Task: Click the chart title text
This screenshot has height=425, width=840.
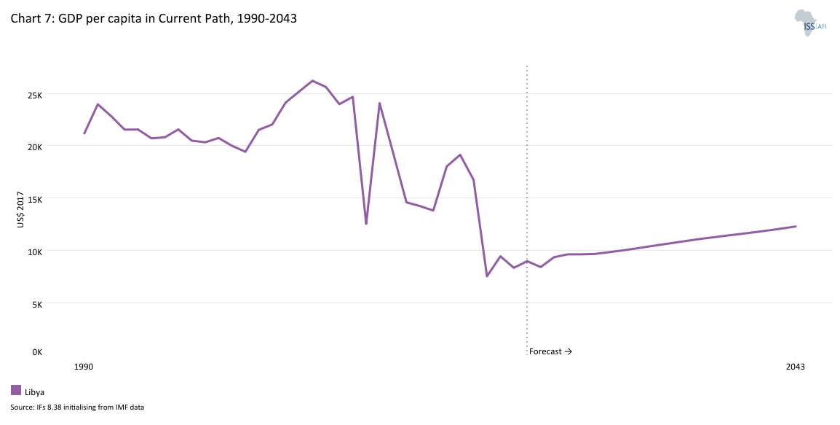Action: [x=154, y=19]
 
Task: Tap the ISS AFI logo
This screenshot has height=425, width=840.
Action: [x=809, y=23]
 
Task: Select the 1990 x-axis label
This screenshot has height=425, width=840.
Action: [x=84, y=367]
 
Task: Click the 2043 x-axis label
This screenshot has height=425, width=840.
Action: [x=796, y=367]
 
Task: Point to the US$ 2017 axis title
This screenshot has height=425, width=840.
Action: [x=20, y=210]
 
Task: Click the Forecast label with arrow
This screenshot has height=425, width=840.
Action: [x=550, y=351]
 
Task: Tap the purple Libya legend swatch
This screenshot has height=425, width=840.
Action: [x=16, y=390]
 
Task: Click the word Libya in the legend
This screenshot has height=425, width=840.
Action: [x=35, y=392]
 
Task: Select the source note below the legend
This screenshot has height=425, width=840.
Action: [x=77, y=408]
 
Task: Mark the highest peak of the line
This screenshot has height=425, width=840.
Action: [x=312, y=81]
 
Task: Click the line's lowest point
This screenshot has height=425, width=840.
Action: [x=487, y=276]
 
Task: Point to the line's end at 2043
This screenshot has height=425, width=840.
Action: [x=796, y=226]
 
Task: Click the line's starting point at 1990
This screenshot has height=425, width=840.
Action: [x=84, y=133]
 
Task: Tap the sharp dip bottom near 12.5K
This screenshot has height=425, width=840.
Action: [x=366, y=223]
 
